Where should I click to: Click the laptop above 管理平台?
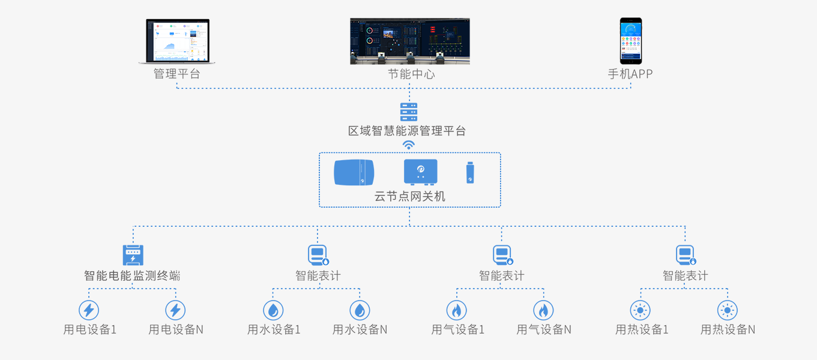pos(177,41)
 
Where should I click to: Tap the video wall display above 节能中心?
pos(409,41)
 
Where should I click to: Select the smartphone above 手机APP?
pos(630,40)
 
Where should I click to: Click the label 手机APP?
pos(630,74)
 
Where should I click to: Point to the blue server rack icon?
pos(409,112)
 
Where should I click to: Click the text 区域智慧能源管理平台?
pos(408,131)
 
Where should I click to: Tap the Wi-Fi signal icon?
pos(409,145)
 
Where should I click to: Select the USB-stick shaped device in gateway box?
pos(471,173)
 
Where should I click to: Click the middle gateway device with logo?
pos(420,172)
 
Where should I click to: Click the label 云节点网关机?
pos(409,196)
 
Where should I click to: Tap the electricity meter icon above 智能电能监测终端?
pos(133,255)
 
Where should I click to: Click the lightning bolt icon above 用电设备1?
pos(89,310)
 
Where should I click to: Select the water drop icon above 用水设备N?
pos(360,310)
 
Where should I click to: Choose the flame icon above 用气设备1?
pos(456,310)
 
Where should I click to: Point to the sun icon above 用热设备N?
pos(728,310)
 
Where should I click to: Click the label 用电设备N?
pos(176,329)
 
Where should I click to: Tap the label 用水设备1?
pos(274,329)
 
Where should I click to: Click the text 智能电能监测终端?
pos(132,276)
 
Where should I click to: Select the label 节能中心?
pos(411,74)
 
